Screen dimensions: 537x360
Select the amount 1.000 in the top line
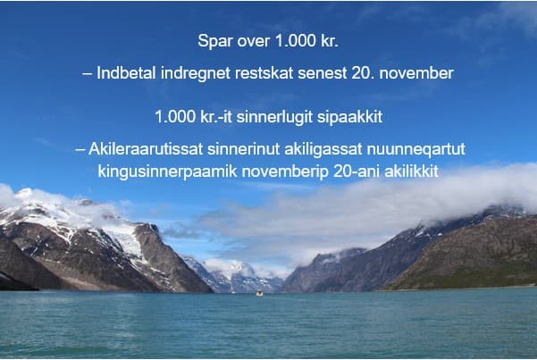[x=296, y=41]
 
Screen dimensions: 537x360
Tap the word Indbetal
[x=126, y=73]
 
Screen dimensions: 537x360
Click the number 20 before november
[x=361, y=73]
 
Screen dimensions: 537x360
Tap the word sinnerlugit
[x=274, y=118]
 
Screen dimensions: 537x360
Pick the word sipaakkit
[x=349, y=118]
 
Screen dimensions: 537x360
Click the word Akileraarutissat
[x=146, y=149]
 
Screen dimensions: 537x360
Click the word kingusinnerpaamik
[x=167, y=172]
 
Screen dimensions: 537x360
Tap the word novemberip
[x=285, y=172]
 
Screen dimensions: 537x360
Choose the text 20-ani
[x=357, y=172]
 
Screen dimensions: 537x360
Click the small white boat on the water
[x=260, y=293]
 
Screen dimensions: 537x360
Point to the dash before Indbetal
[x=87, y=74]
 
